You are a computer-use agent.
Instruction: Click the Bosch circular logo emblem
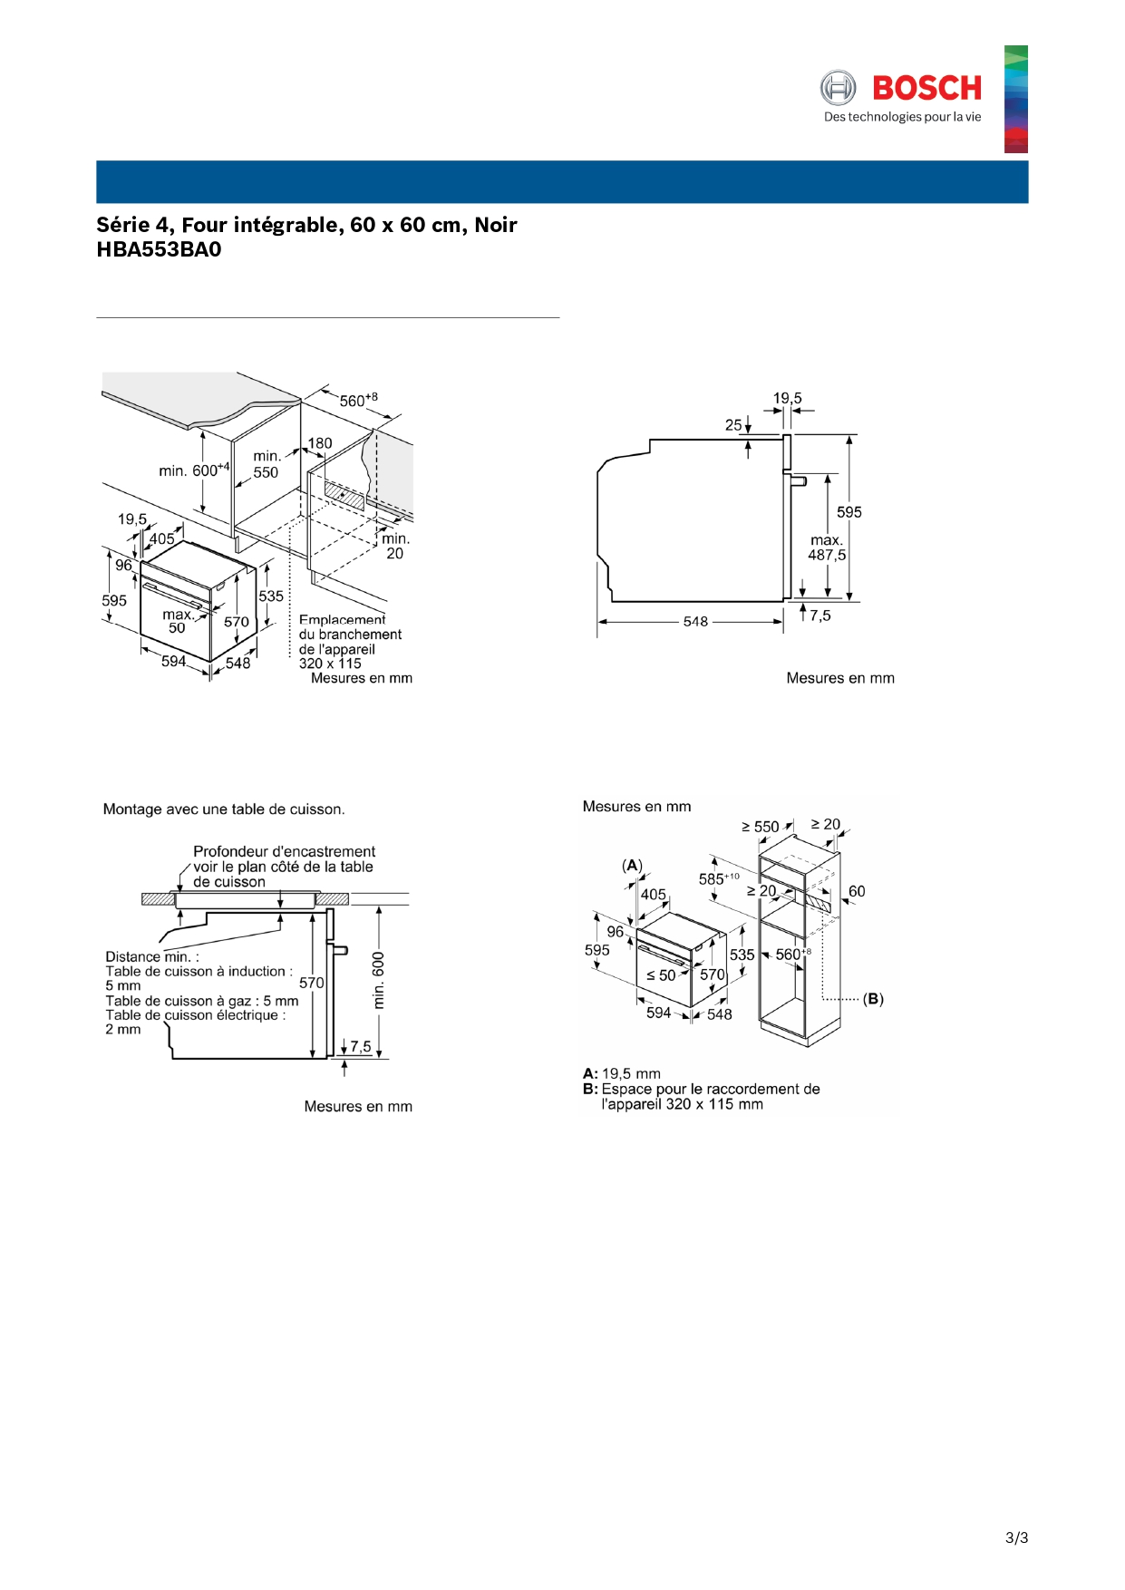point(838,88)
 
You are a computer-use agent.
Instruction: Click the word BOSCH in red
point(926,88)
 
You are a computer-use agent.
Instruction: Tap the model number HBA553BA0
point(159,250)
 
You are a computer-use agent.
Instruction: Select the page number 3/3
point(1016,1537)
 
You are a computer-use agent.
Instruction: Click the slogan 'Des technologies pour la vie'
point(902,117)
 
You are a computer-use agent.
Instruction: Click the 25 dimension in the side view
point(733,424)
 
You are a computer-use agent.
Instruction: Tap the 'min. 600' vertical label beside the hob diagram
point(379,981)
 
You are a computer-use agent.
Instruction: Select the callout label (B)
point(873,999)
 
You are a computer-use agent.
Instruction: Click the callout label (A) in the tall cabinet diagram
point(632,866)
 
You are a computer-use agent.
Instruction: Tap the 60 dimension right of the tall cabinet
point(857,891)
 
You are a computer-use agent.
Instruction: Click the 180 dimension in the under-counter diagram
point(320,443)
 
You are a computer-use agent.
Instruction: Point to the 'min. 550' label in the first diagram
point(266,464)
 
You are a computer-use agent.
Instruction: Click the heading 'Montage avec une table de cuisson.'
point(224,810)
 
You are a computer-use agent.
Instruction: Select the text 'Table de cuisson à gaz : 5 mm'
point(201,1001)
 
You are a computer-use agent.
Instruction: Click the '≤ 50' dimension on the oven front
point(661,975)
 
